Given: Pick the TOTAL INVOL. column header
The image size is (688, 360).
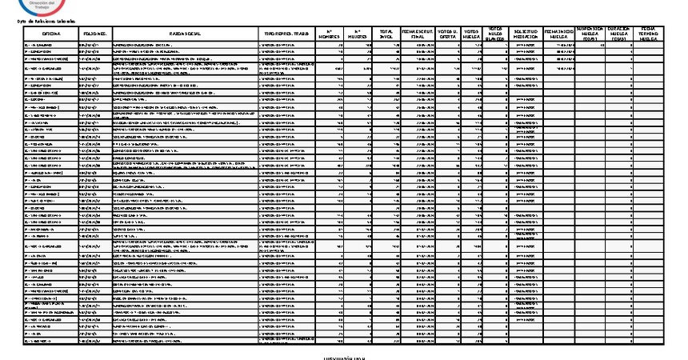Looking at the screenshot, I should click(387, 34).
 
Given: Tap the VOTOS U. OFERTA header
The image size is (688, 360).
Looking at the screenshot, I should click(449, 34).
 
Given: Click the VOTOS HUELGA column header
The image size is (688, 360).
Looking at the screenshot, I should click(474, 34).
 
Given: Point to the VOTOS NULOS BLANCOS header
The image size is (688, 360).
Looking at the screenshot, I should click(498, 34).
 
